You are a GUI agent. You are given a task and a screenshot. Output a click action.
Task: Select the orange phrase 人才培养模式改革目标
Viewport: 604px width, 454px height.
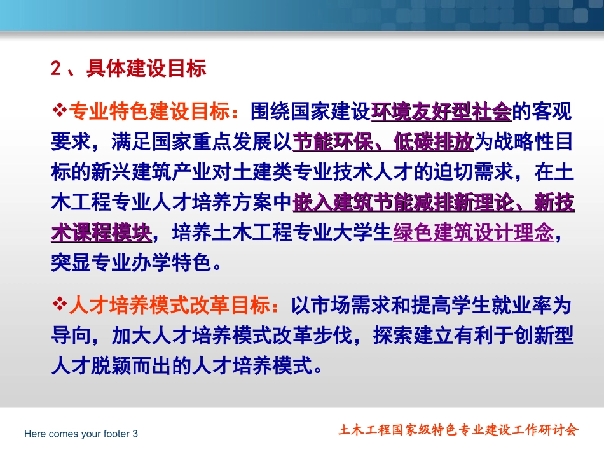[x=168, y=306]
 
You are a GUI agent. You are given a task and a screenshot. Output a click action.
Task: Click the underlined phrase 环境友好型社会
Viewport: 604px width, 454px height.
[x=441, y=112]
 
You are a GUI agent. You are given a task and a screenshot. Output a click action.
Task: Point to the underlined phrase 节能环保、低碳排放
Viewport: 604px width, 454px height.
[x=383, y=143]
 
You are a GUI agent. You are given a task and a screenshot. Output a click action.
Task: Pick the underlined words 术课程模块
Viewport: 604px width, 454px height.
[x=101, y=233]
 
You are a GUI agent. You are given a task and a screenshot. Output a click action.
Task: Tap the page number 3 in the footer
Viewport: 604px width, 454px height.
[x=135, y=434]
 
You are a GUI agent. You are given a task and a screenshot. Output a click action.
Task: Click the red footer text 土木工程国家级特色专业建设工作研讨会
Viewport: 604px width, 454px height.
[x=458, y=430]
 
